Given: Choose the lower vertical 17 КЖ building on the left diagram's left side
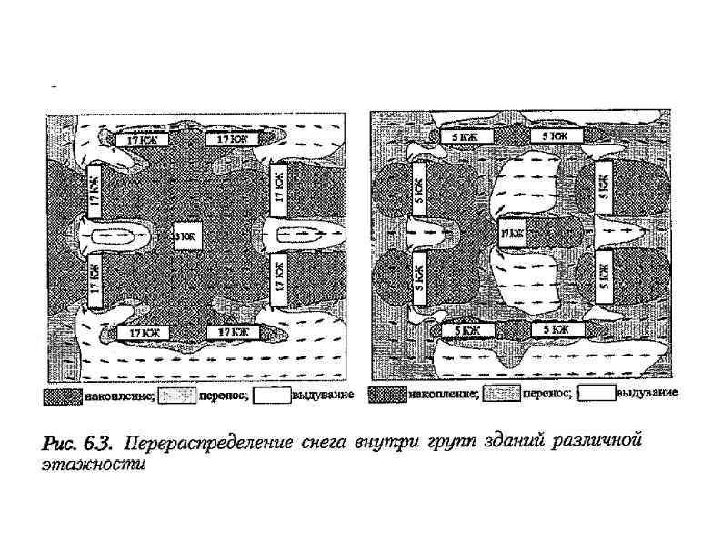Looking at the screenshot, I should (x=94, y=283).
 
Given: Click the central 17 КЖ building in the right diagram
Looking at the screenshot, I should (x=511, y=234).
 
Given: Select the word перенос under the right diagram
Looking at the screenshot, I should (x=550, y=395).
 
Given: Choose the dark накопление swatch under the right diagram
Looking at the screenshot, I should (x=388, y=395).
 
